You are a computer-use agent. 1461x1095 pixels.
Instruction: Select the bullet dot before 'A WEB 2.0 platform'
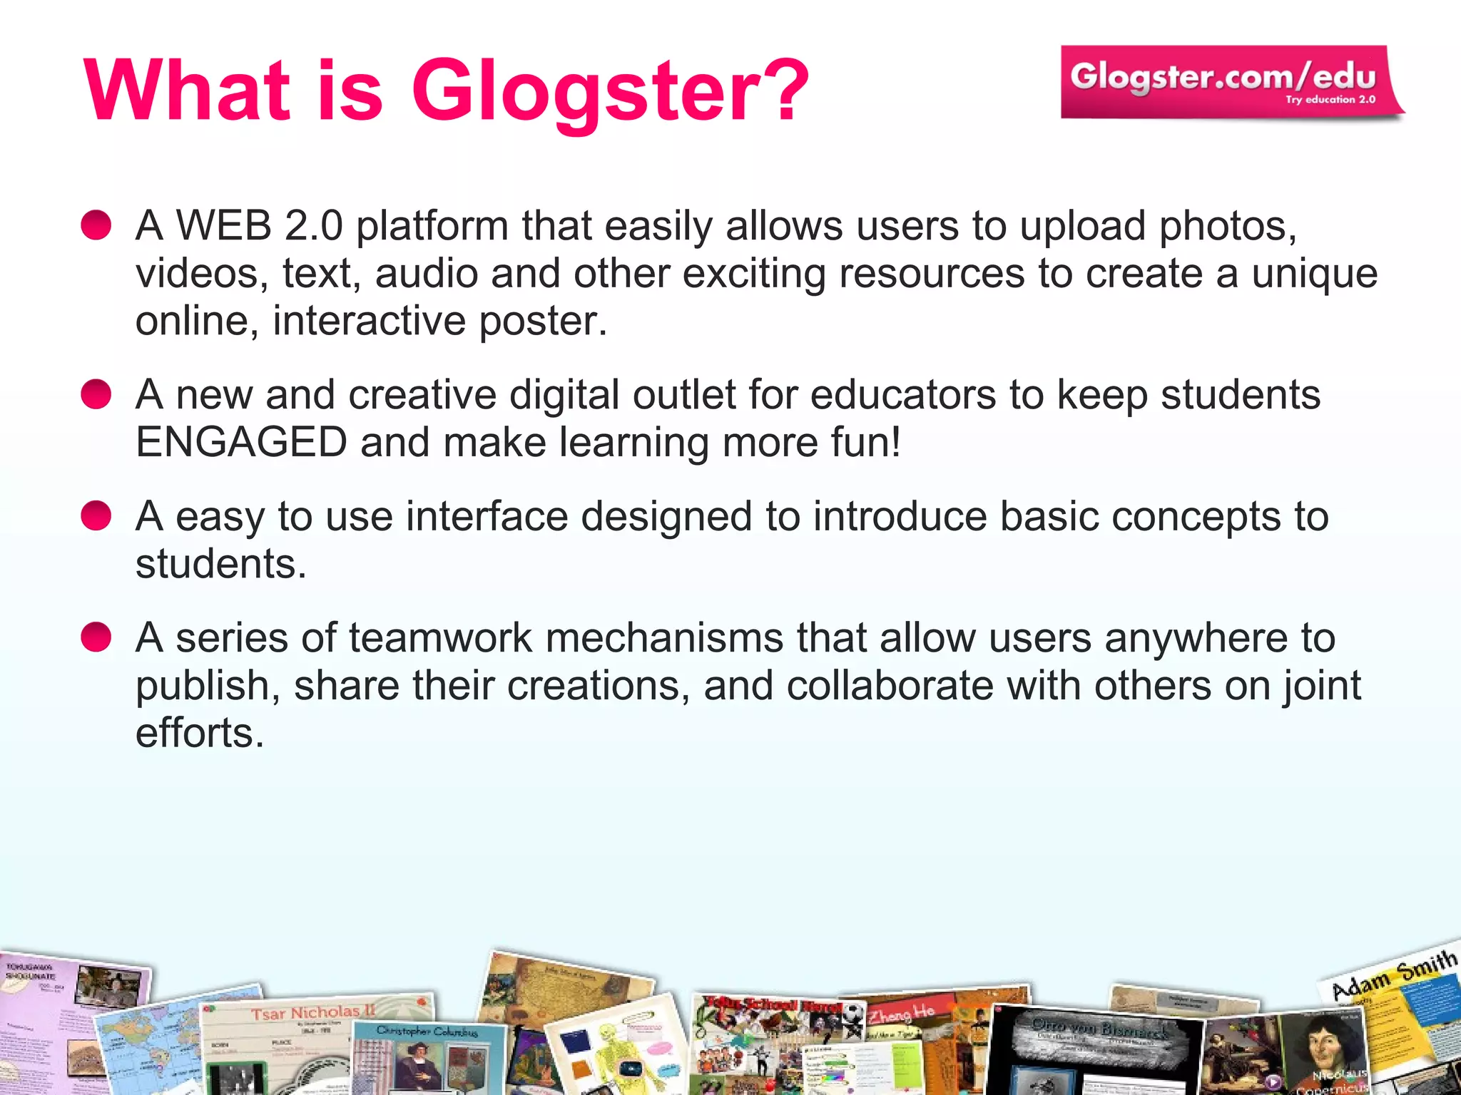(96, 225)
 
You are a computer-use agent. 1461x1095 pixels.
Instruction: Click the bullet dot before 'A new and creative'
(96, 394)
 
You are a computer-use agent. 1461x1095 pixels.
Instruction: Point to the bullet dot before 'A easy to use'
(96, 515)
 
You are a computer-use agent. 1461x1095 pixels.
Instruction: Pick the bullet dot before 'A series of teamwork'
(96, 637)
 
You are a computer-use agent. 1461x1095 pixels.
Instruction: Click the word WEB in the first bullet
(224, 226)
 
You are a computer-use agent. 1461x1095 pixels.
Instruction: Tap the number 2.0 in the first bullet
(314, 226)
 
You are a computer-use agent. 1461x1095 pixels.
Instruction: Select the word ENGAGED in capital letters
(241, 442)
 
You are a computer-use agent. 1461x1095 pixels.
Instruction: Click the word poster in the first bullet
(542, 321)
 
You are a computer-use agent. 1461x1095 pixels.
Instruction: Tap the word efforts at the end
(199, 733)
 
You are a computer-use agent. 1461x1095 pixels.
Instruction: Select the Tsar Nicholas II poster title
(312, 1012)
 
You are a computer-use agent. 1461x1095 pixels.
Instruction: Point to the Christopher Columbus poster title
(427, 1031)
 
